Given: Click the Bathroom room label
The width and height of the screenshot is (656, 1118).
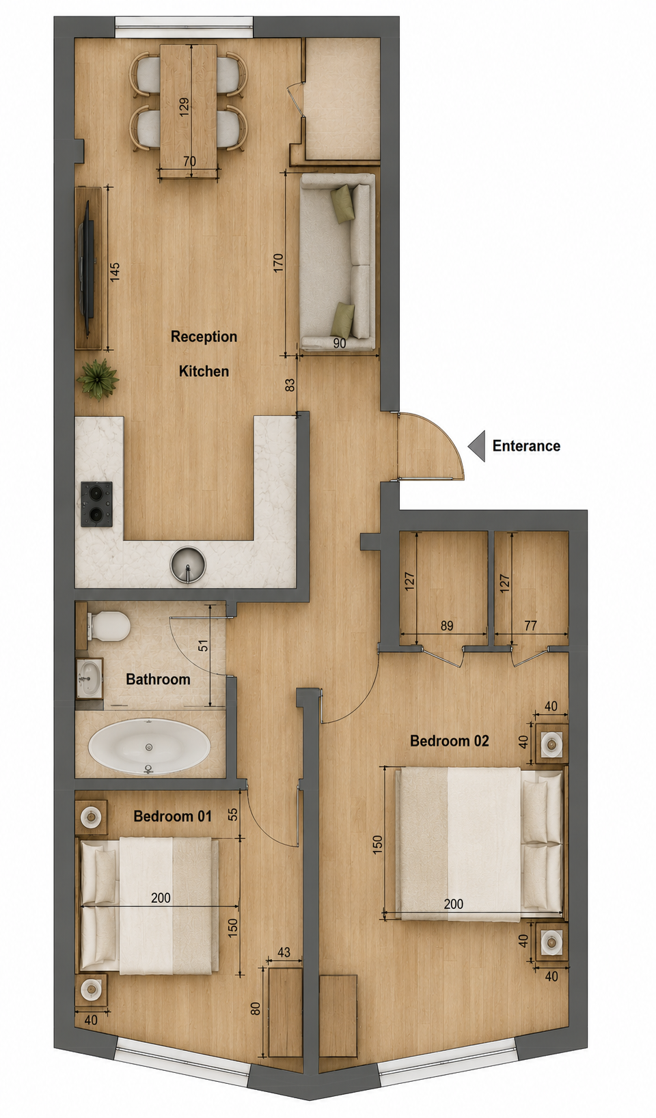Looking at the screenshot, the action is click(x=158, y=679).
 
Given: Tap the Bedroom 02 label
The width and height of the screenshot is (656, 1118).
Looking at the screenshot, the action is click(x=450, y=741).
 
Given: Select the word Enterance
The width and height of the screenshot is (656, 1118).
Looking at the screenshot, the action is click(x=526, y=446).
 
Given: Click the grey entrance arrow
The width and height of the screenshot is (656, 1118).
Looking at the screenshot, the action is click(x=476, y=446).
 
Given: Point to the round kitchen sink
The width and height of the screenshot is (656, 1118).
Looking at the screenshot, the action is click(x=188, y=565).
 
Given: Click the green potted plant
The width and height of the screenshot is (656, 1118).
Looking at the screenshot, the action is click(x=98, y=379).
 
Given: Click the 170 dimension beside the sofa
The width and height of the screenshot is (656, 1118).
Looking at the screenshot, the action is click(x=278, y=263).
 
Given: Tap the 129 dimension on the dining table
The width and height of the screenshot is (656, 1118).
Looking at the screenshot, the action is click(x=184, y=107).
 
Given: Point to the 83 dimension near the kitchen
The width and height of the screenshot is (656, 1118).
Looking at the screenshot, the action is click(x=290, y=385).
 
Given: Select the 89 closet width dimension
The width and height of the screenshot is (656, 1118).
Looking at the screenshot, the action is click(x=447, y=626).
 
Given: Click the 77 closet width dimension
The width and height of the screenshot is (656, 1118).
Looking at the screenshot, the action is click(x=530, y=626).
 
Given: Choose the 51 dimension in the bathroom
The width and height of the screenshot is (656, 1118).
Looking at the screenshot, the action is click(x=203, y=645).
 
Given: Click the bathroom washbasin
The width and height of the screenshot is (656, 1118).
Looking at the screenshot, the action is click(x=90, y=677).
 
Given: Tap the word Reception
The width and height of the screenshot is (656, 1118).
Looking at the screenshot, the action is click(x=204, y=337).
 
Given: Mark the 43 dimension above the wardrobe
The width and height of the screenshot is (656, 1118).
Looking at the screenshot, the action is click(x=284, y=953).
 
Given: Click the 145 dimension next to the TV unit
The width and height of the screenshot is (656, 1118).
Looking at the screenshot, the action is click(x=114, y=272).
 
